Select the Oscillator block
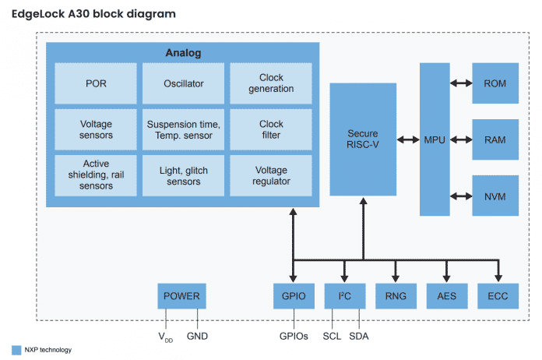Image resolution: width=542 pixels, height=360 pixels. click(183, 83)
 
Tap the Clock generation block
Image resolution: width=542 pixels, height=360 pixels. click(271, 83)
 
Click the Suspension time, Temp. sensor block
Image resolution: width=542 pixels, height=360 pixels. click(183, 129)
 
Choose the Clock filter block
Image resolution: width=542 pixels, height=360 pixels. click(271, 129)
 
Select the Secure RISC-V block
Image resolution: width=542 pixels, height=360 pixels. click(364, 139)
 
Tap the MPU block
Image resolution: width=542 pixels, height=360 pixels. click(435, 139)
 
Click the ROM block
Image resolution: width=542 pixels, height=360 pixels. click(494, 83)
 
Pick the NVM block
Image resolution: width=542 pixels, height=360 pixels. click(494, 196)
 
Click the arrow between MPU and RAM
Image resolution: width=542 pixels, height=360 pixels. click(462, 139)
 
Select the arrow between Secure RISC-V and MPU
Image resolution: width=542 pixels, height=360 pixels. click(408, 139)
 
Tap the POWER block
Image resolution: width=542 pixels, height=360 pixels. click(181, 296)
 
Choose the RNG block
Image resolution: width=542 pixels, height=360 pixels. click(396, 296)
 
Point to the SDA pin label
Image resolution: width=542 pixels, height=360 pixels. click(359, 336)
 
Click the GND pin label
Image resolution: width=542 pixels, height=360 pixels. click(198, 336)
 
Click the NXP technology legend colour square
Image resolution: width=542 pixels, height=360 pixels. click(16, 350)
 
